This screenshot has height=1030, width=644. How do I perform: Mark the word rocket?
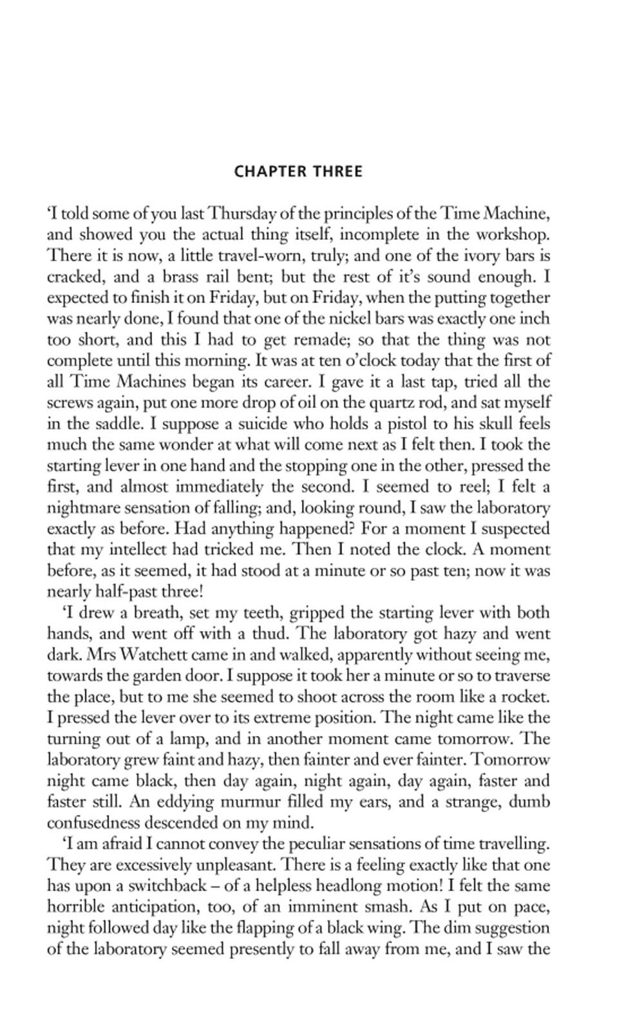click(x=529, y=697)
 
